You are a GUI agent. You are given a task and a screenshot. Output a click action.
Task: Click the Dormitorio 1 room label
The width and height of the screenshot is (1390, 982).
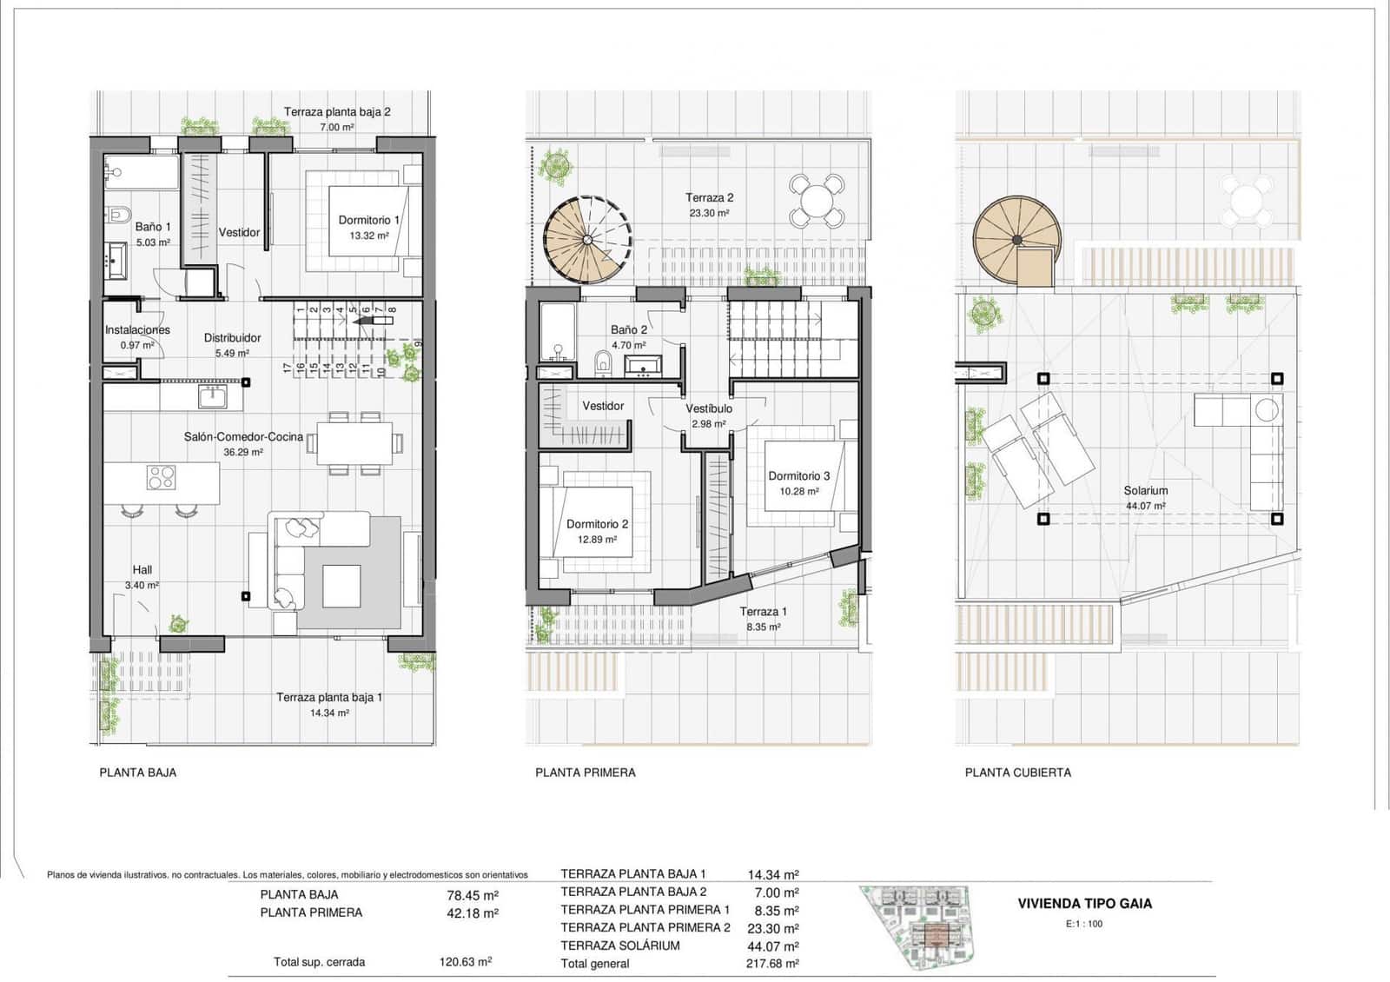point(368,220)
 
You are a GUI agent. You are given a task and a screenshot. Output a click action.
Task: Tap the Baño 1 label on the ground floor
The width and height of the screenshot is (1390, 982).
point(153,227)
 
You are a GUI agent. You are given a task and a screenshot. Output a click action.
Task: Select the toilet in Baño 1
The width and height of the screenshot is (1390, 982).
point(119,214)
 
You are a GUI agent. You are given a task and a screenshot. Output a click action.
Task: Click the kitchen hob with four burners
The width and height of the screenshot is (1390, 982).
point(161,477)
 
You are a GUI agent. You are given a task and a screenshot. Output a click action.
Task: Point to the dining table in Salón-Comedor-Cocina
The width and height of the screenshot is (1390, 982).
point(354,443)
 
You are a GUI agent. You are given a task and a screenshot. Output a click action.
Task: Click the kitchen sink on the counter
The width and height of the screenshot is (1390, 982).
point(213,397)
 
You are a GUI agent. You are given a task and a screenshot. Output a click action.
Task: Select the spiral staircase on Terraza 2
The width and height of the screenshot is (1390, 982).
point(587,241)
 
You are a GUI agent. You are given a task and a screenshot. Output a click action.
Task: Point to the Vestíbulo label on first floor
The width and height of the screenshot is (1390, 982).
point(709,408)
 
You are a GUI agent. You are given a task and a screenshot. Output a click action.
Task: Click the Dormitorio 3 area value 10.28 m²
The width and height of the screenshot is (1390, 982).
point(798,492)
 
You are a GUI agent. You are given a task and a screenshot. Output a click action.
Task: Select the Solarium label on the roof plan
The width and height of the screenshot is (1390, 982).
point(1145,490)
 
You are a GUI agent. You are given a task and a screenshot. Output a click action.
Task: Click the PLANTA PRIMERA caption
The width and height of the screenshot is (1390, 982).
point(585,772)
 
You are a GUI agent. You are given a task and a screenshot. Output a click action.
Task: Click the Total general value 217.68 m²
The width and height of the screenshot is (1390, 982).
point(772,963)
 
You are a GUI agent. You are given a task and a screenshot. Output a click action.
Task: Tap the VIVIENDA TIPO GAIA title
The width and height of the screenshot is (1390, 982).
point(1084,903)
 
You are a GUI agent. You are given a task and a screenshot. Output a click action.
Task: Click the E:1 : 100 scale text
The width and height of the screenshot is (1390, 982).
point(1083,924)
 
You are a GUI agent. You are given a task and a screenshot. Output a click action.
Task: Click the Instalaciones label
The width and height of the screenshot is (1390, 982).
point(137,330)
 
